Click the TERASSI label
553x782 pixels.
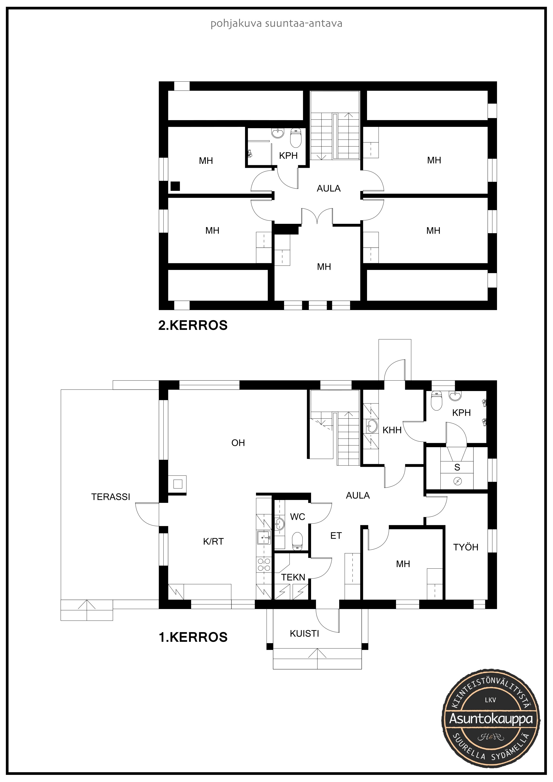pos(111,497)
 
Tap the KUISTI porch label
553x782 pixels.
pos(304,634)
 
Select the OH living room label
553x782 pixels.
pos(238,443)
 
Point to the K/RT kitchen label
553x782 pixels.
pos(213,541)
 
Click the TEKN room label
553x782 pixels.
pos(293,577)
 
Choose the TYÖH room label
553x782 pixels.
pos(466,547)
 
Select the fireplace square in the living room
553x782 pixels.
pos(177,484)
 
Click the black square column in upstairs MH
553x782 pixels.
pos(175,186)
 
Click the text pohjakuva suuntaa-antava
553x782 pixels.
pos(276,23)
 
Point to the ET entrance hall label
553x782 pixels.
pos(336,536)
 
